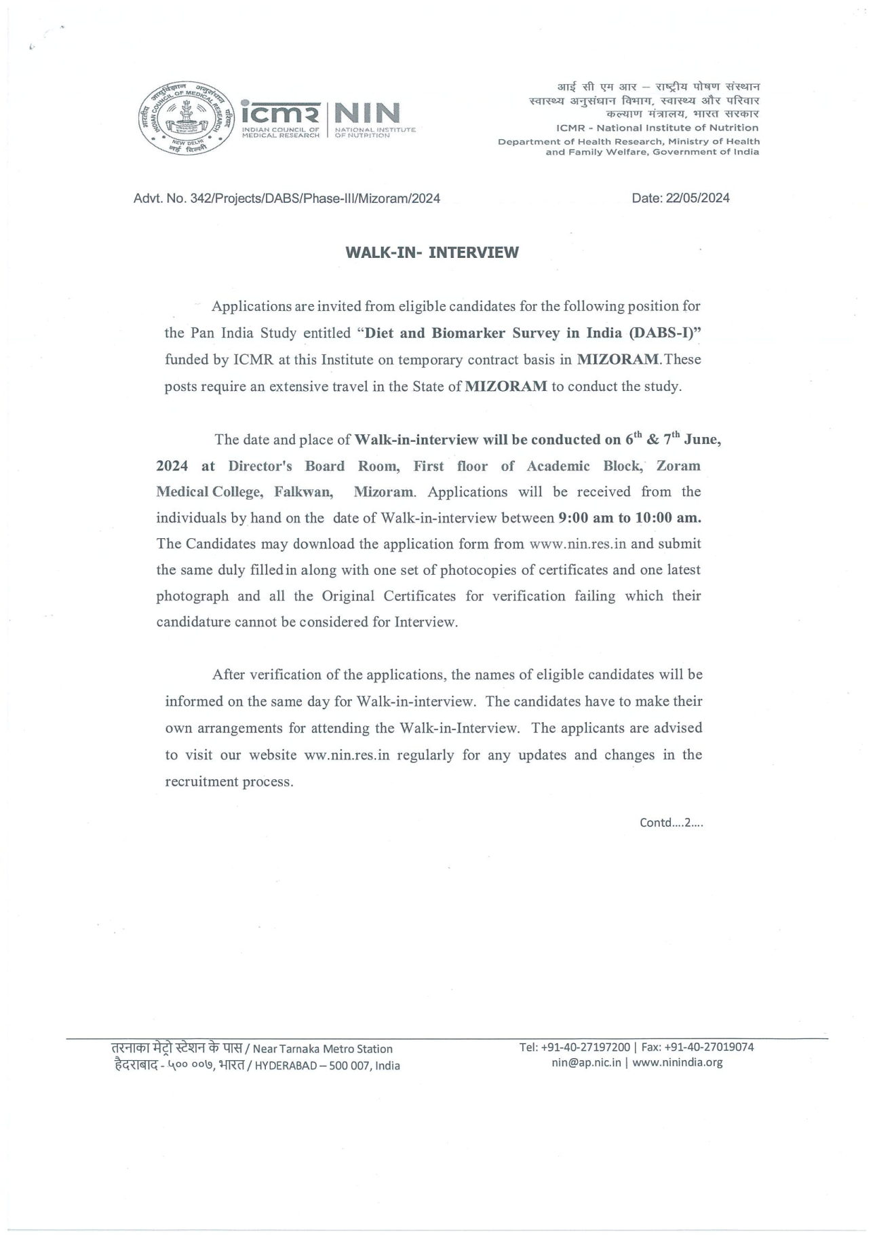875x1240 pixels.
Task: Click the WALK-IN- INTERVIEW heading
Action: [432, 252]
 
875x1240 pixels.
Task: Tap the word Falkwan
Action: [303, 491]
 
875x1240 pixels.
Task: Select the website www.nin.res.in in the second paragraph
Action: [577, 544]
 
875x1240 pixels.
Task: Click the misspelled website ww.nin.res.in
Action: [347, 755]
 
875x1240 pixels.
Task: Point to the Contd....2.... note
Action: [671, 823]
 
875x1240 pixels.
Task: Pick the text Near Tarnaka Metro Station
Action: [322, 1049]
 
